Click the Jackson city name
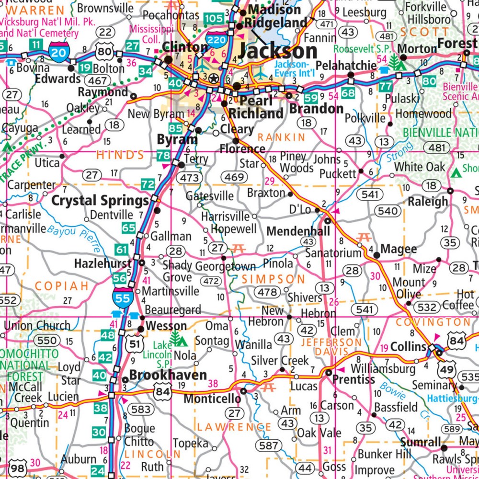click(278, 51)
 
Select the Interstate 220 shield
click(217, 39)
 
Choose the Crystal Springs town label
click(100, 201)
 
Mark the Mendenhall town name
click(298, 231)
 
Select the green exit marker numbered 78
click(163, 156)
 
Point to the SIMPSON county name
click(273, 279)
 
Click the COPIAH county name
click(62, 286)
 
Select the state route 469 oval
click(234, 178)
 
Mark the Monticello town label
click(212, 399)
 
